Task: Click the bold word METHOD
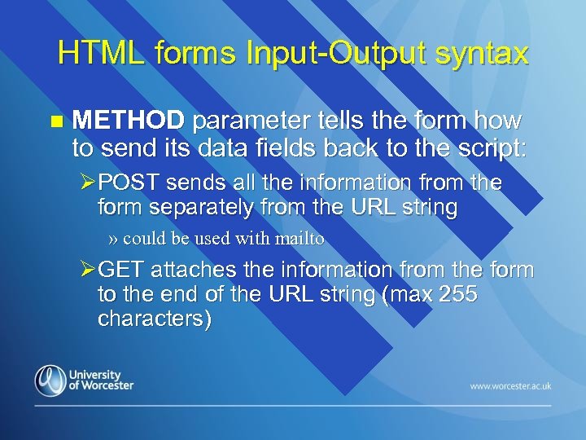(129, 121)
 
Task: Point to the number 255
(454, 294)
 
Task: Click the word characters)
(155, 319)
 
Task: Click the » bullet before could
(114, 240)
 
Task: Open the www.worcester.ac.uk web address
(510, 385)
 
